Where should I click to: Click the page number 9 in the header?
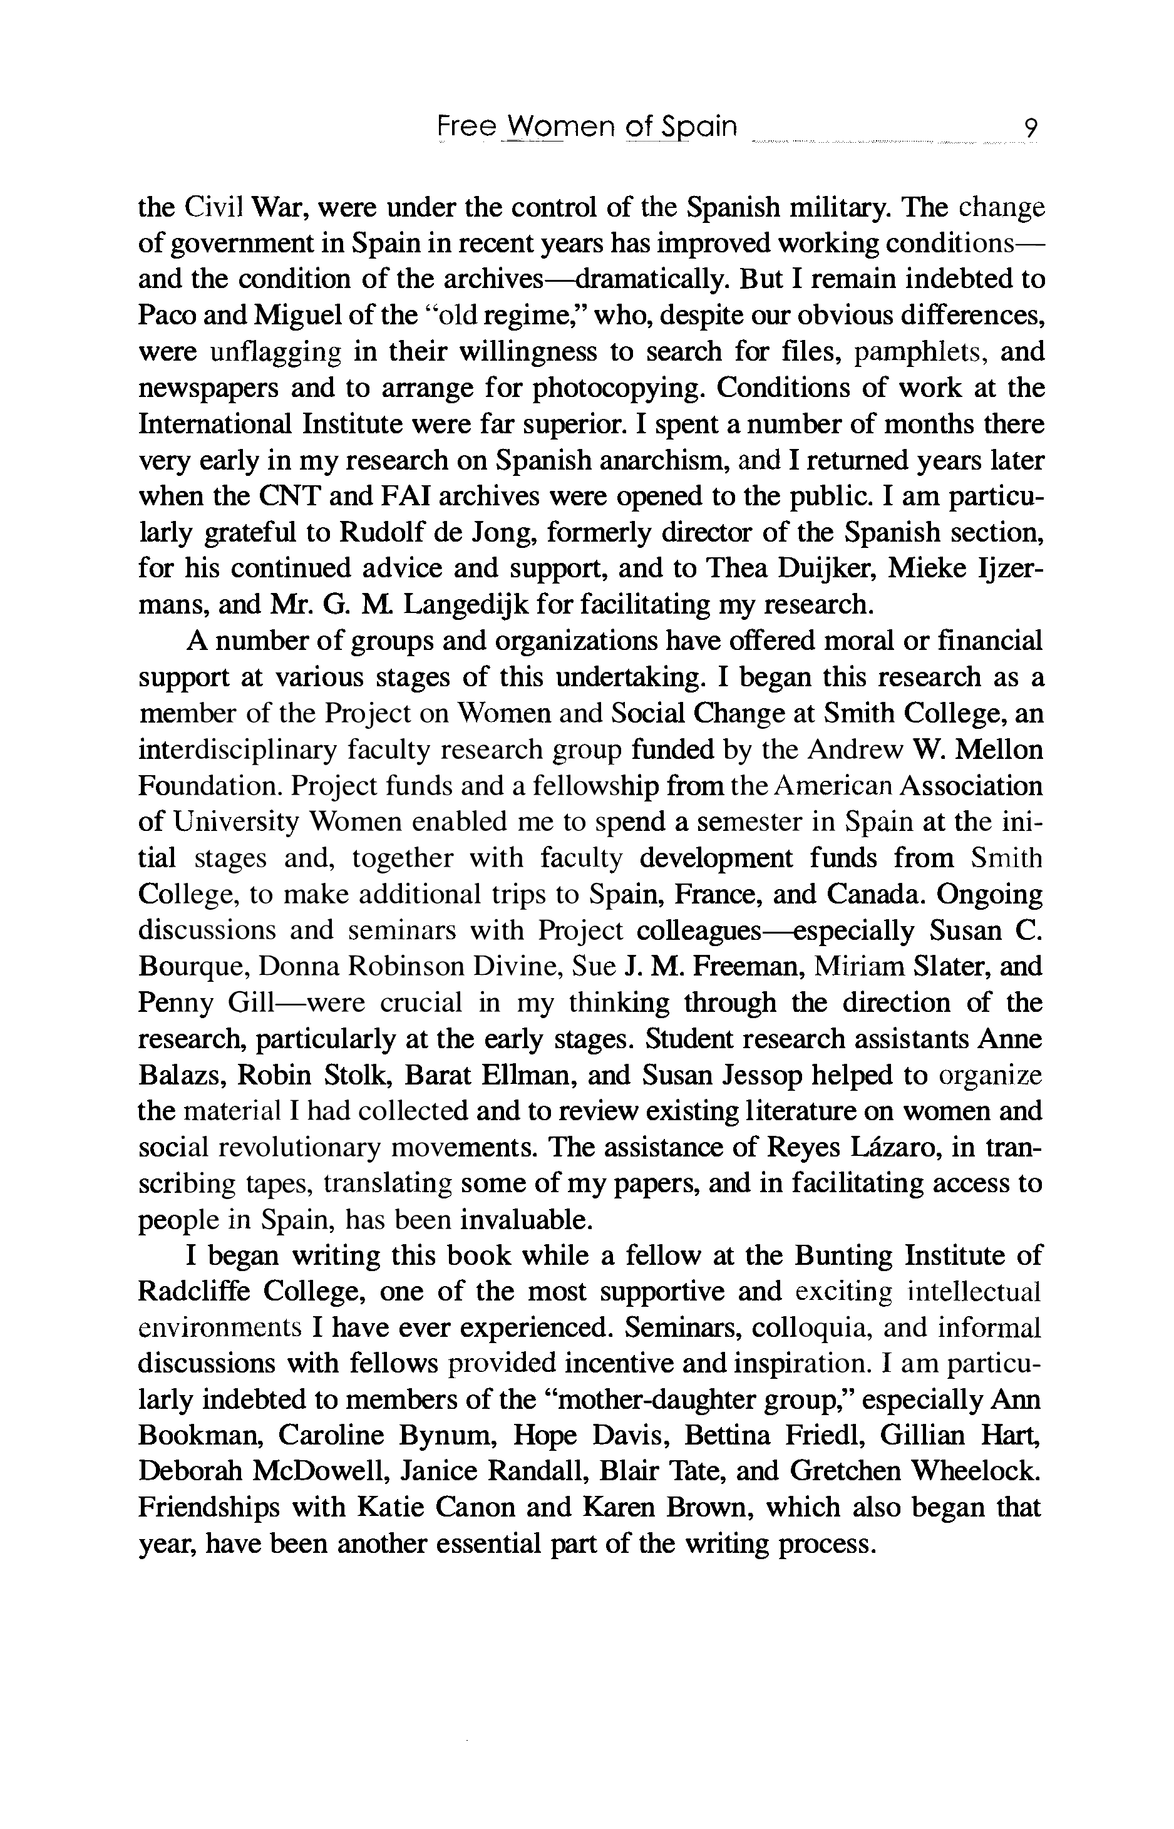tap(1030, 127)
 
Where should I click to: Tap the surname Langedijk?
tap(466, 605)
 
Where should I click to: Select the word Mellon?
tap(998, 750)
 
